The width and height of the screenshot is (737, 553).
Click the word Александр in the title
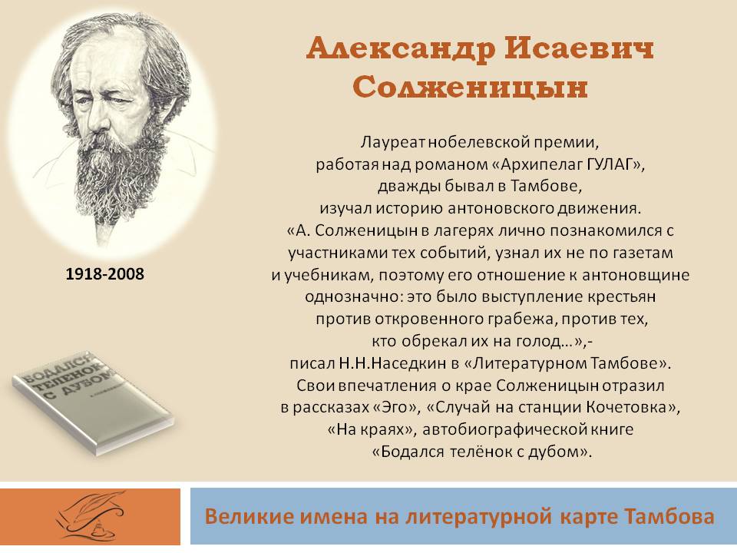click(401, 49)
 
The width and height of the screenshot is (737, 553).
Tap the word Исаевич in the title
click(580, 48)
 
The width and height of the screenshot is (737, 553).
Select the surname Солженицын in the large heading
click(470, 88)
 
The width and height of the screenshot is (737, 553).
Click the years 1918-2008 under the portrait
click(105, 273)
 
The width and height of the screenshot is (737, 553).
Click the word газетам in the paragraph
click(643, 253)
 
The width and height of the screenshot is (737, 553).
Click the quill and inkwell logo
click(91, 516)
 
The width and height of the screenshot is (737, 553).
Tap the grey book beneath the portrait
click(93, 402)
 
